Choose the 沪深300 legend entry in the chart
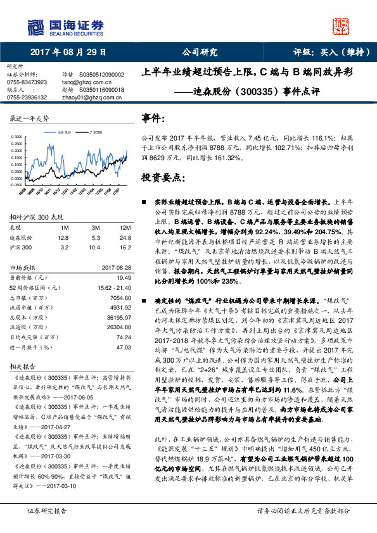pyautogui.click(x=95, y=132)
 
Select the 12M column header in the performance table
pyautogui.click(x=124, y=227)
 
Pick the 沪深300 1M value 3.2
pyautogui.click(x=63, y=248)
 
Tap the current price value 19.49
pyautogui.click(x=124, y=277)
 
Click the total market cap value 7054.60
pyautogui.click(x=120, y=297)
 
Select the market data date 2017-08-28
pyautogui.click(x=115, y=267)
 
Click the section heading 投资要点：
pyautogui.click(x=163, y=178)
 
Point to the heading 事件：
pyautogui.click(x=154, y=118)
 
